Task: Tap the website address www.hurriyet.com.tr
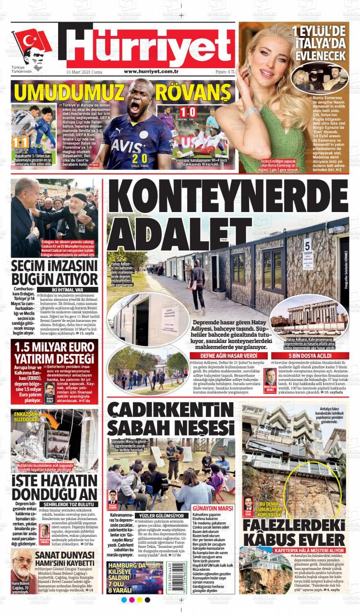click(151, 71)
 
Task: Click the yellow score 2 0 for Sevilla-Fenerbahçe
click(140, 158)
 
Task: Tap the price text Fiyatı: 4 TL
click(225, 71)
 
